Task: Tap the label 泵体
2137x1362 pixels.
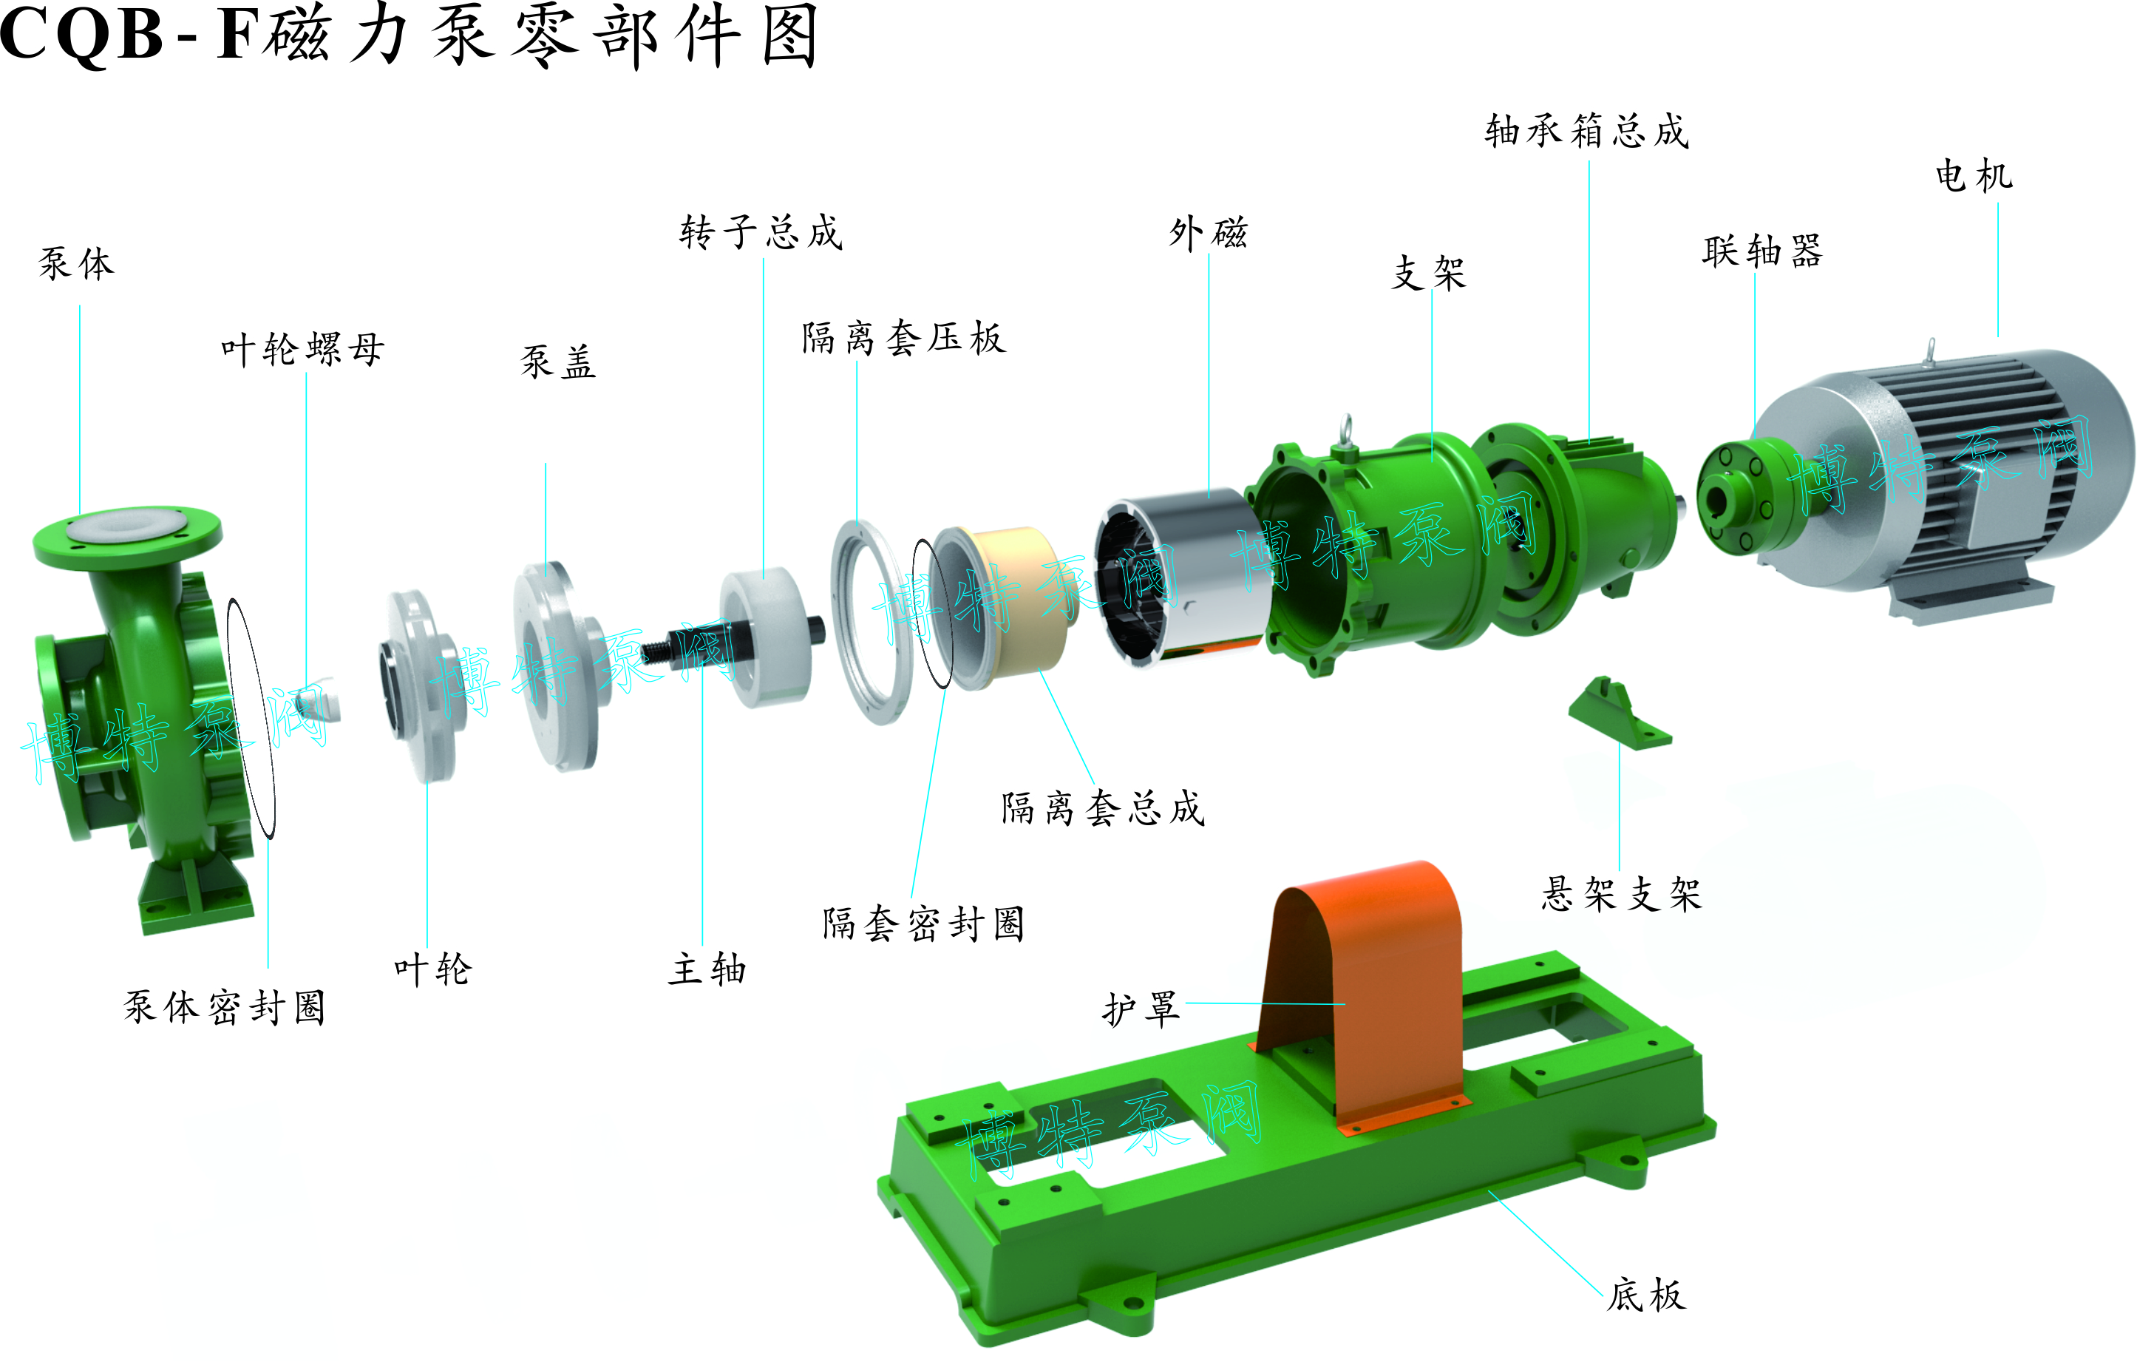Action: (77, 264)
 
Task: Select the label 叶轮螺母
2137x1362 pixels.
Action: (302, 349)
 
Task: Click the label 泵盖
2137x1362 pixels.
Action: (558, 362)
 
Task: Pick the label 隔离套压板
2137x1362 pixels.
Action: (904, 337)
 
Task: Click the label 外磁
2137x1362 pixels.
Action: (1209, 234)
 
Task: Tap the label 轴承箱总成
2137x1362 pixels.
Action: (1588, 131)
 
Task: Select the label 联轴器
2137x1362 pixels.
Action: (1762, 251)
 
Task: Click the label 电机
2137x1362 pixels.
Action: (1974, 176)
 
